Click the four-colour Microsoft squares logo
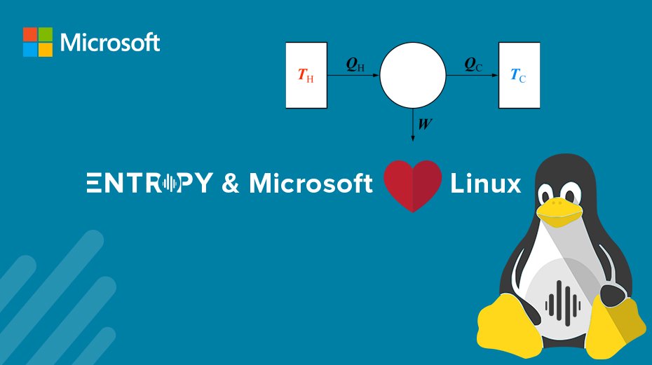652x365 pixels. tap(38, 42)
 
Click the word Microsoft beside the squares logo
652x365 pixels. tap(110, 43)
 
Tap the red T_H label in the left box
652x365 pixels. tap(306, 76)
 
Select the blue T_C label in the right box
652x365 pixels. tap(519, 76)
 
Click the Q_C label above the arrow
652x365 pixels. tap(473, 64)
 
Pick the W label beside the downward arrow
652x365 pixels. tap(425, 124)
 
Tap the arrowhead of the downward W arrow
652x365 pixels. tap(413, 137)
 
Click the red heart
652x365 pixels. tap(413, 185)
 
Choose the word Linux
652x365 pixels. tap(485, 184)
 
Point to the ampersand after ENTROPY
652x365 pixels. tap(230, 184)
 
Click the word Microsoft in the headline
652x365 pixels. tap(311, 184)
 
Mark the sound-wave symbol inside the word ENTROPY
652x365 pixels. tap(169, 184)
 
